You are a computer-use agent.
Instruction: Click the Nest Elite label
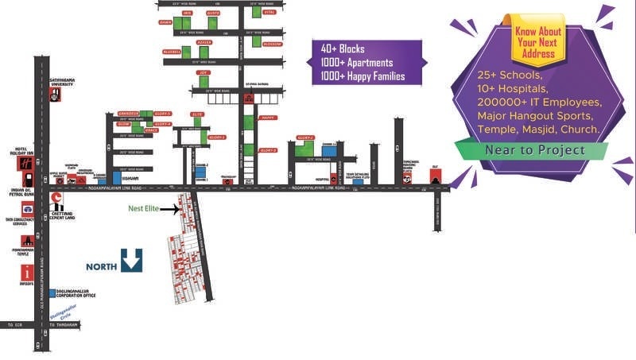[x=145, y=210]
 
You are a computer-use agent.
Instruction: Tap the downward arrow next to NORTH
[x=132, y=260]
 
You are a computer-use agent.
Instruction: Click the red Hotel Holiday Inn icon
[x=24, y=163]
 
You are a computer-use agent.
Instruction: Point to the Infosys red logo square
[x=26, y=273]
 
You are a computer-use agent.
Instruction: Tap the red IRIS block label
[x=188, y=14]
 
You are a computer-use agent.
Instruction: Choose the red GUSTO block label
[x=212, y=14]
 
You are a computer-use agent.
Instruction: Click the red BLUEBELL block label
[x=172, y=52]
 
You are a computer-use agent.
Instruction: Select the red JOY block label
[x=204, y=72]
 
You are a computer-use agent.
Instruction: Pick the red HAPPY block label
[x=268, y=117]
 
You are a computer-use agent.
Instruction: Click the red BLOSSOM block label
[x=271, y=45]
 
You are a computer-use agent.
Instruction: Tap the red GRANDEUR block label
[x=128, y=114]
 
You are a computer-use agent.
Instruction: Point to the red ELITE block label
[x=198, y=114]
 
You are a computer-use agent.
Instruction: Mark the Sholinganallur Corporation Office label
[x=75, y=293]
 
